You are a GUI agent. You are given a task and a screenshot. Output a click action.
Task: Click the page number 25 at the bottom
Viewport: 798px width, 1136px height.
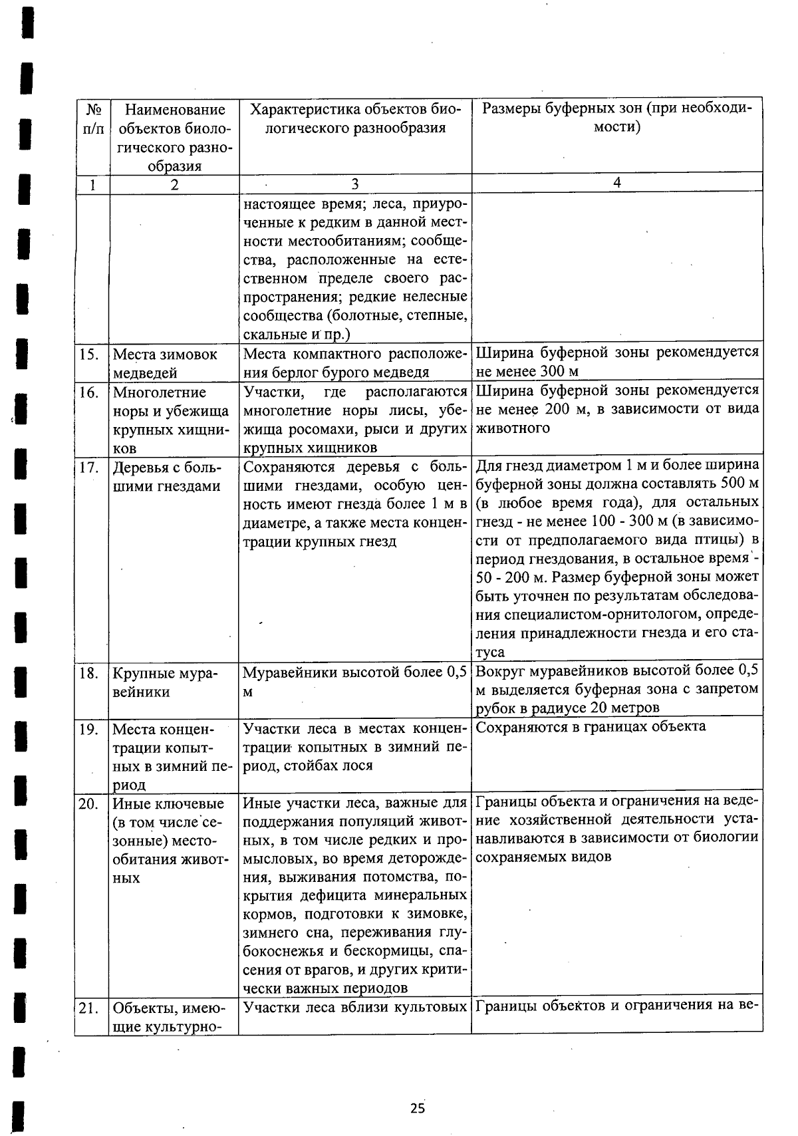point(417,1108)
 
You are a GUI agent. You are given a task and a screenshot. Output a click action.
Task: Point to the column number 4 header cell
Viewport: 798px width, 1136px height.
point(616,182)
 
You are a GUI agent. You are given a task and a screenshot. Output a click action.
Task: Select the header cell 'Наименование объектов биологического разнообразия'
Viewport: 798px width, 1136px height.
point(174,137)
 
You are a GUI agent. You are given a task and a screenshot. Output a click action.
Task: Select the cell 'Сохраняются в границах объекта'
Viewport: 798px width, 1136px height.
point(591,726)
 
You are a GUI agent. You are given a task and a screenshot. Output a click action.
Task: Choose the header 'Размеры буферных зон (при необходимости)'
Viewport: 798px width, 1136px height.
point(616,118)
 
